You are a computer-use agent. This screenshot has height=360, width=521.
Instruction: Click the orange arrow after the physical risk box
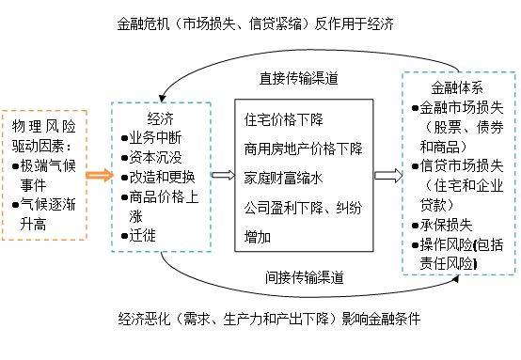tap(100, 175)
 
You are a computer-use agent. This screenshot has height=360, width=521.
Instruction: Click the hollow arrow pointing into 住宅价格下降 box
tap(223, 175)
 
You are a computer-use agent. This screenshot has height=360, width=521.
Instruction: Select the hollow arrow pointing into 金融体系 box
tap(388, 176)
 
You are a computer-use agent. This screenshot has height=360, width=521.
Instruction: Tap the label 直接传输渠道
tap(299, 78)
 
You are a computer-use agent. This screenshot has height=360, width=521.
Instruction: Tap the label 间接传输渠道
tap(305, 277)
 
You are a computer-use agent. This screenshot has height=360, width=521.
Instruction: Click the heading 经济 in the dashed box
tap(161, 118)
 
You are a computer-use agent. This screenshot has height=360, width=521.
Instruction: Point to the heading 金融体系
tap(457, 88)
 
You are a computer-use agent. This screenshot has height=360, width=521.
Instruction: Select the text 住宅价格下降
tap(284, 119)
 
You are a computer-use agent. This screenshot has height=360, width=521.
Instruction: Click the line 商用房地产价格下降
tap(304, 149)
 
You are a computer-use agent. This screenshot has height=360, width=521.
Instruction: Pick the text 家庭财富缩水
tap(284, 178)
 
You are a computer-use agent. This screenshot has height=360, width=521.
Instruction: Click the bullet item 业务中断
tap(151, 138)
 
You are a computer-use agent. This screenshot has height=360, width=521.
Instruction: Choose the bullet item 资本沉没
tap(151, 157)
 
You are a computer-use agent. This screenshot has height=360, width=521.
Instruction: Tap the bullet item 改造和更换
tap(158, 177)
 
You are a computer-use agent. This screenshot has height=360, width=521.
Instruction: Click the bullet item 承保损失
tap(442, 226)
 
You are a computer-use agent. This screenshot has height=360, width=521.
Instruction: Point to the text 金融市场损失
tap(458, 107)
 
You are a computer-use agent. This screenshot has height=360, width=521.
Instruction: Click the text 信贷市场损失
tap(458, 166)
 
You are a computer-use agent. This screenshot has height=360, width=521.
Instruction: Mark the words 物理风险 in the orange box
tap(44, 126)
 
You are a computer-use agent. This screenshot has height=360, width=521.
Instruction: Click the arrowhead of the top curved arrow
tap(162, 99)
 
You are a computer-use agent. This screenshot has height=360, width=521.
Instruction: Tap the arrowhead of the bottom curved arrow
tap(456, 279)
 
